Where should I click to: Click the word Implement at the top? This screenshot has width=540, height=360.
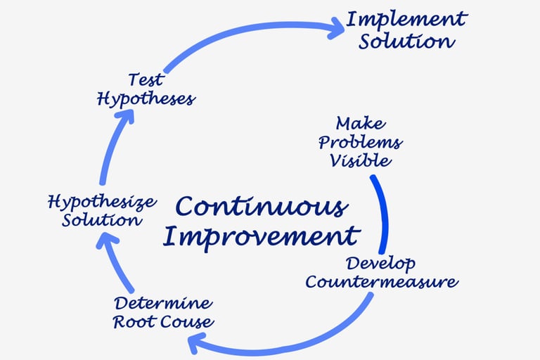coord(406,19)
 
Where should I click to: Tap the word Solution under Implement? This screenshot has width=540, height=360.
coord(406,41)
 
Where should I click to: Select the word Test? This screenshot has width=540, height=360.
coord(146,79)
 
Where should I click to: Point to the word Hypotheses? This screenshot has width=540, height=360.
coord(146,98)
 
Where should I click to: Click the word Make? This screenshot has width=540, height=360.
coord(360,124)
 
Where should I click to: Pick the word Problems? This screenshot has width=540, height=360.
coord(360,142)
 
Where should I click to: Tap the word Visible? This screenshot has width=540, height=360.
coord(360,160)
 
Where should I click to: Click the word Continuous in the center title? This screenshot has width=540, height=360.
coord(261,207)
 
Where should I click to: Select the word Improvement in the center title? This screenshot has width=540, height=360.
coord(261,236)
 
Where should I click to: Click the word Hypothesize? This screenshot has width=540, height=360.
coord(102,203)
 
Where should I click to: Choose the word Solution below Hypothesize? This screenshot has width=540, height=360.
coord(102,220)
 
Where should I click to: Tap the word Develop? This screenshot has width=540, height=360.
coord(380,264)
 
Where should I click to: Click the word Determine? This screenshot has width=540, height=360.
coord(162,304)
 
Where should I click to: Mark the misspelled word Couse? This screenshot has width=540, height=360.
coord(188,323)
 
